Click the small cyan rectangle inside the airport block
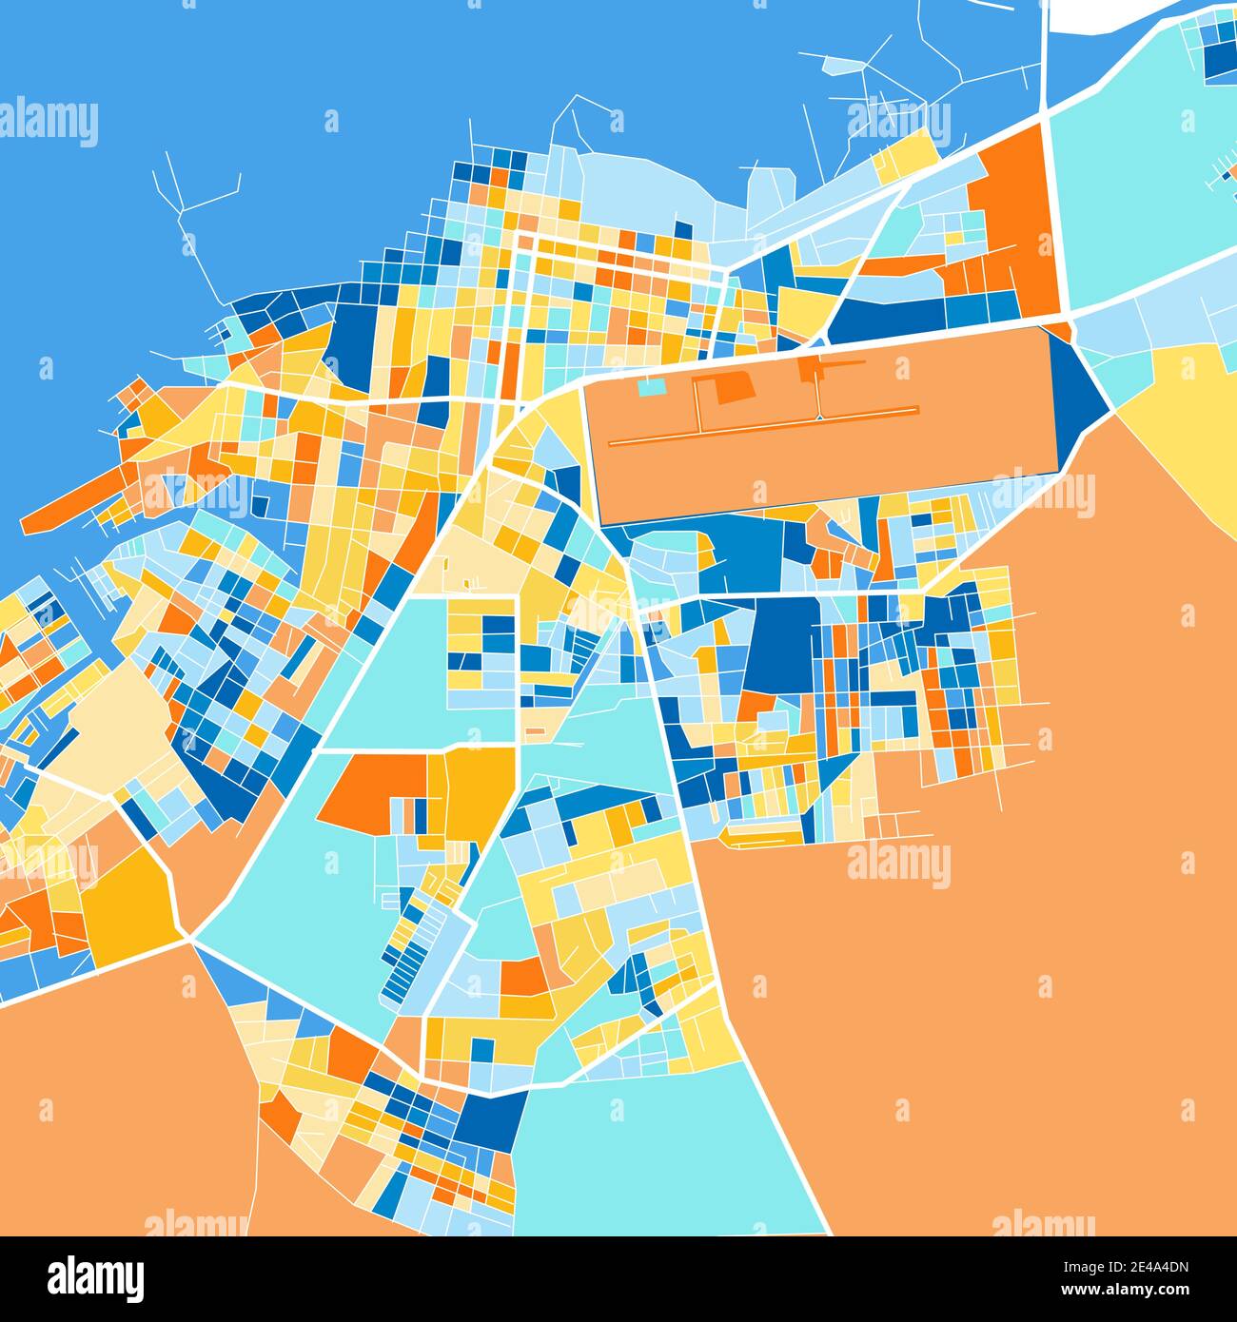651,387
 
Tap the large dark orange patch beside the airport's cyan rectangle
734,387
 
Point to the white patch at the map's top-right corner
1094,15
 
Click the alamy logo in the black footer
95,1277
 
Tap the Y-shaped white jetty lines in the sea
190,204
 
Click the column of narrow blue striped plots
404,961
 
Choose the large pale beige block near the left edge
109,723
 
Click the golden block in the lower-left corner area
128,899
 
